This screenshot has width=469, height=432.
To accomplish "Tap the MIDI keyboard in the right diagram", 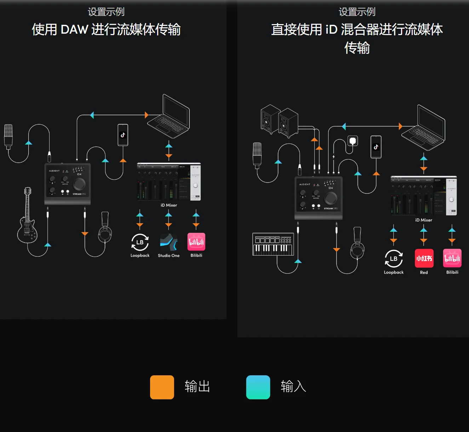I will click(273, 244).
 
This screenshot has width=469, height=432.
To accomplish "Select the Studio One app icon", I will click(168, 242).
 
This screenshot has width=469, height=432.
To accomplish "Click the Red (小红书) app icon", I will click(424, 258).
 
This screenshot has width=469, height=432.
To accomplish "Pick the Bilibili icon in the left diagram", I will click(196, 242).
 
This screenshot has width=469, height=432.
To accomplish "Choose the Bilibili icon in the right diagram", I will click(452, 258).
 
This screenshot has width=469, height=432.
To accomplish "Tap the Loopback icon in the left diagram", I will click(140, 242).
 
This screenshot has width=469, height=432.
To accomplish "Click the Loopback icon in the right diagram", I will click(394, 259).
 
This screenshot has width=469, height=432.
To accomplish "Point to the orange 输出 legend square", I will click(162, 387).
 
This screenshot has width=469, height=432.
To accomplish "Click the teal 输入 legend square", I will click(258, 387).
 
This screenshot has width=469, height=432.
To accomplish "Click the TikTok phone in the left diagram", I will click(123, 135).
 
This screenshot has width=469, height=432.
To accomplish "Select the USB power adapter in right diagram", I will click(353, 141).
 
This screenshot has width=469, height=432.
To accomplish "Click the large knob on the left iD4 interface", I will click(79, 184).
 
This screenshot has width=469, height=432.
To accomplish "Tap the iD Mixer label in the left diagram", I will click(169, 205).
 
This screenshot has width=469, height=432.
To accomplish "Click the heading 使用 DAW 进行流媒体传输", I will click(106, 29).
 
